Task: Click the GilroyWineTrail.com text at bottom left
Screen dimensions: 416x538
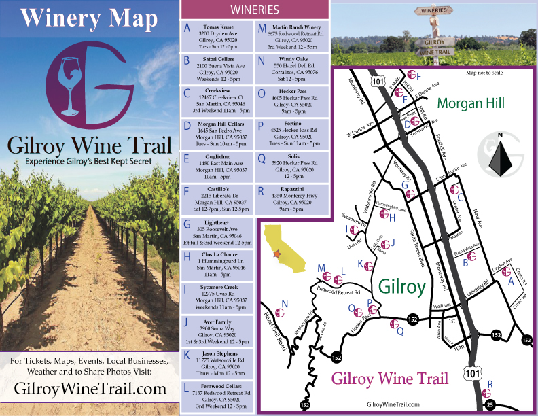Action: coord(90,389)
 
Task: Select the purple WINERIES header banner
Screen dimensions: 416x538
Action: coord(254,10)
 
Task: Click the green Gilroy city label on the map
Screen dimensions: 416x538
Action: coord(401,285)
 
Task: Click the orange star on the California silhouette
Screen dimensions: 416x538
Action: coord(276,254)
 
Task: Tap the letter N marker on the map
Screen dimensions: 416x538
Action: coord(285,304)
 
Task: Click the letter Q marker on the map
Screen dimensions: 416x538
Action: coord(399,331)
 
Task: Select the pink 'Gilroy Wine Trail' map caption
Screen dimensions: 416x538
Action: coord(389,379)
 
